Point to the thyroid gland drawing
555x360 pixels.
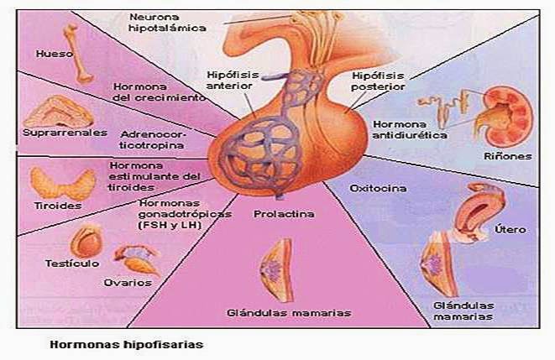tap(60, 182)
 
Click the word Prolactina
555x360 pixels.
tap(284, 214)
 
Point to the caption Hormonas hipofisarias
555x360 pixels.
tap(126, 344)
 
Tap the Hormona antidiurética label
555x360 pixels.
tap(386, 128)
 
